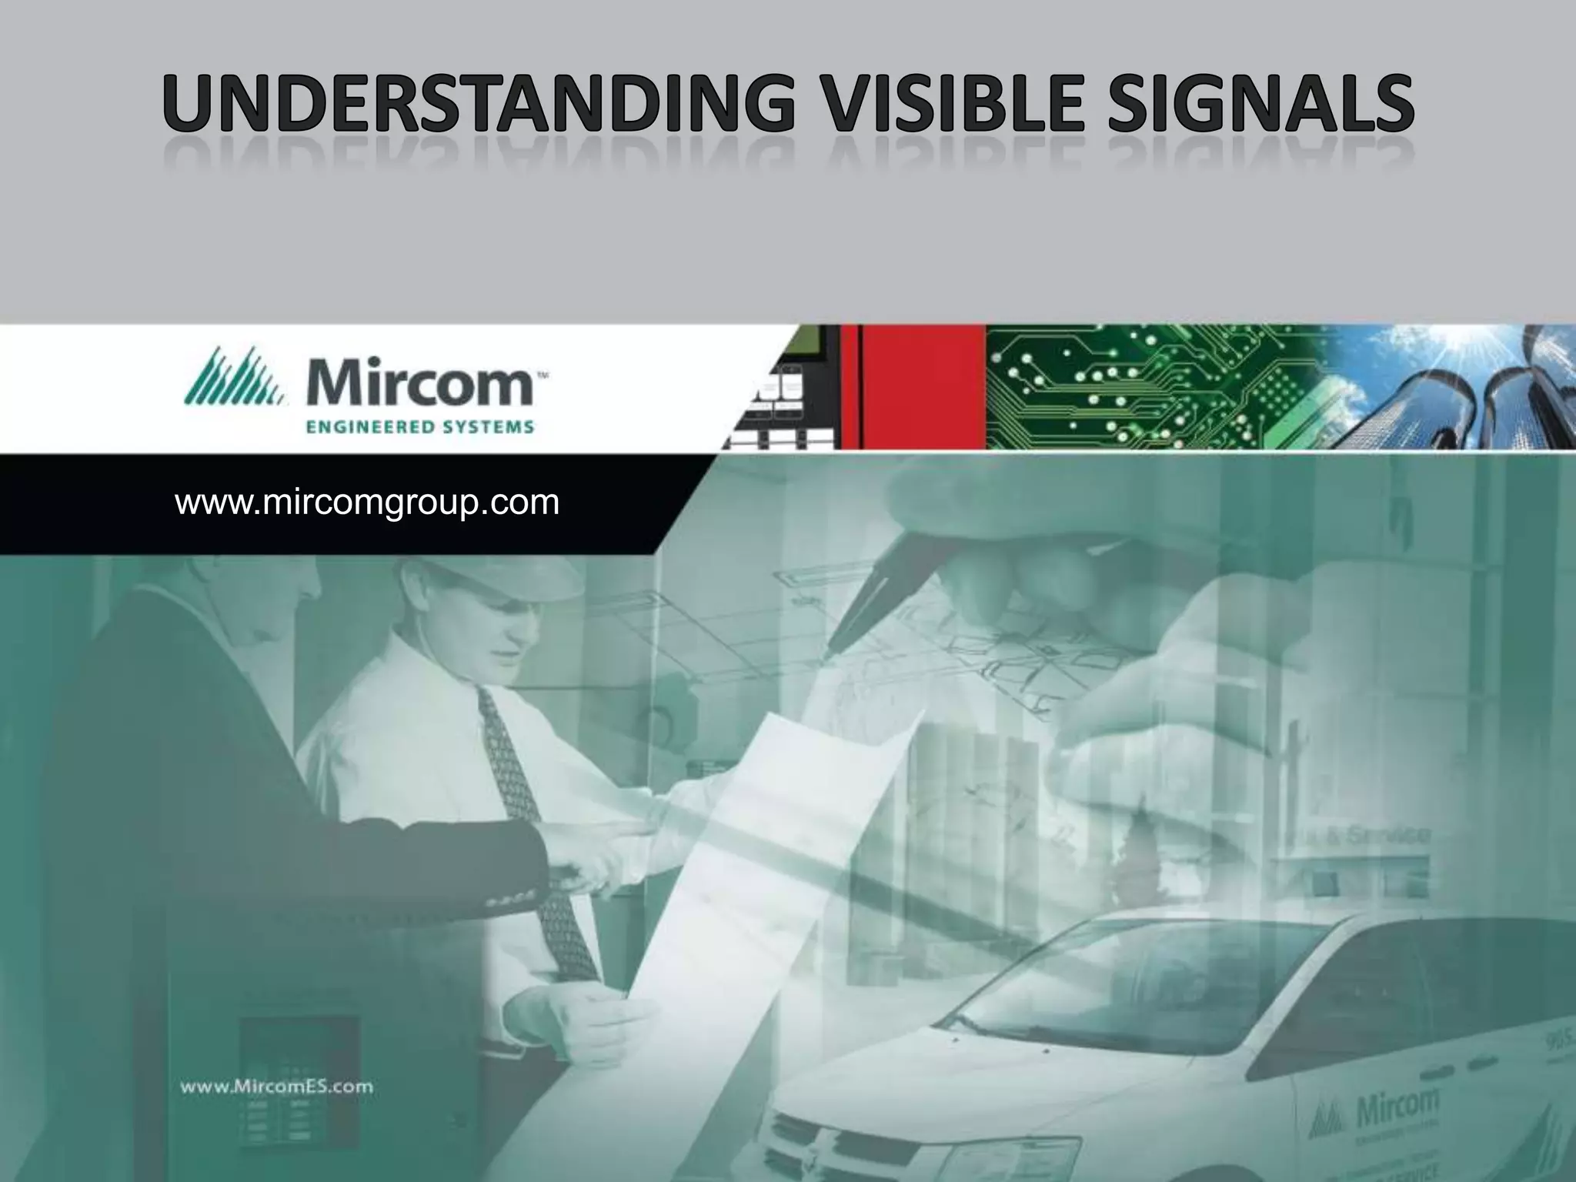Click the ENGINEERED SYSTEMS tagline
(x=420, y=426)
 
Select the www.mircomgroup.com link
(x=367, y=503)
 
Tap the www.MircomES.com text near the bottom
(x=276, y=1087)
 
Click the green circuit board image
(x=1154, y=387)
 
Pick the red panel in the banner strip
(x=916, y=387)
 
